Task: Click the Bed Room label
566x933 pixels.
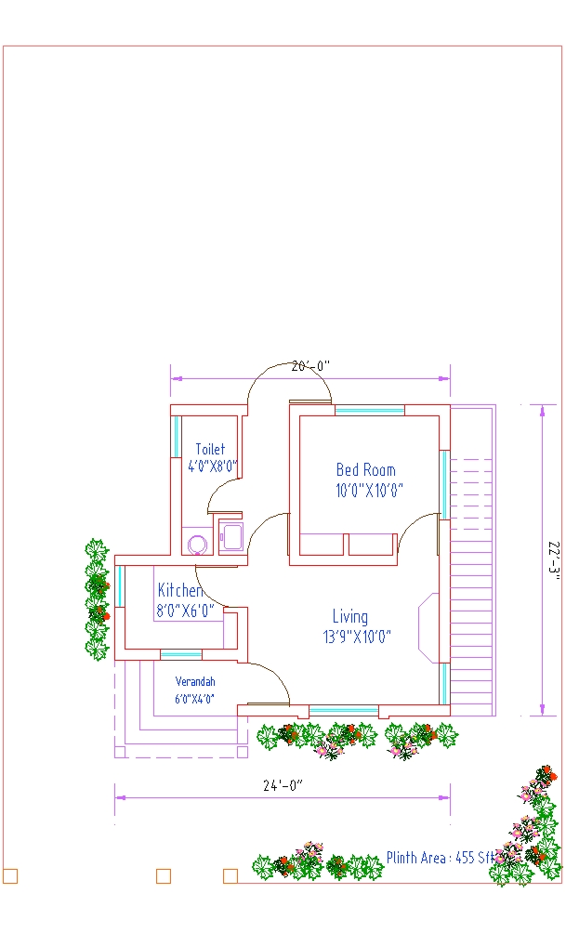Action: pos(365,470)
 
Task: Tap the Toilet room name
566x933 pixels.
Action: pos(210,449)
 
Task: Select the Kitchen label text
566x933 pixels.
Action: pos(179,590)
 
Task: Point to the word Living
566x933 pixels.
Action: pos(350,616)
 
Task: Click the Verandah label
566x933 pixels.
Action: pos(195,681)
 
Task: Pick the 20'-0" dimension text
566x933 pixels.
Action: pos(310,366)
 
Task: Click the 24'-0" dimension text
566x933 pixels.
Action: pos(283,785)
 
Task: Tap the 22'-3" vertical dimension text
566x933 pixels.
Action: pos(554,558)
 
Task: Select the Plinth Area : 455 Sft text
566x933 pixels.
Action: pos(441,858)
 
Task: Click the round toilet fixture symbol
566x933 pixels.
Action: pos(197,544)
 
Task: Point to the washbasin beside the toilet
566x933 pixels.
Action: pos(230,537)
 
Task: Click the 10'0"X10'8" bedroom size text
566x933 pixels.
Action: pos(370,491)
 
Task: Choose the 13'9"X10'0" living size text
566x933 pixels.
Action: pos(357,637)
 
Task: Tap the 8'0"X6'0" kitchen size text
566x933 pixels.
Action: pos(185,611)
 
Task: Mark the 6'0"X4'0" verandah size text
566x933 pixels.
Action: pos(194,699)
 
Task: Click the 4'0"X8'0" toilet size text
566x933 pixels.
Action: pos(213,466)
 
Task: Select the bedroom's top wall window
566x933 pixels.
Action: pos(370,410)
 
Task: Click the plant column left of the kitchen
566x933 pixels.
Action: pos(97,599)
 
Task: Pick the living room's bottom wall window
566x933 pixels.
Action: pos(344,711)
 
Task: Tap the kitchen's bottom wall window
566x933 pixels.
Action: pos(181,654)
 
